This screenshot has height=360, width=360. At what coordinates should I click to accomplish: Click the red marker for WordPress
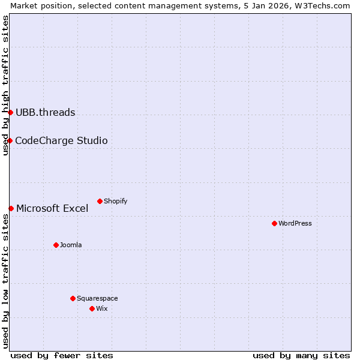(x=274, y=223)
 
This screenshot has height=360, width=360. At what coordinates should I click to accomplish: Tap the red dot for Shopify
(x=100, y=201)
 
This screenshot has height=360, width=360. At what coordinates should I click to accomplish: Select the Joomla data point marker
(x=56, y=245)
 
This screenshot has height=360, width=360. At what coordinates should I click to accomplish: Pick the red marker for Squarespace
(x=73, y=298)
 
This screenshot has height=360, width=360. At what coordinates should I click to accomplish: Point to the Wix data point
(x=92, y=308)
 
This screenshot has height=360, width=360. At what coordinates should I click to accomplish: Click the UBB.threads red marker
(x=10, y=112)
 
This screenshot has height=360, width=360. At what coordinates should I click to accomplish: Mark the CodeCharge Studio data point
(x=10, y=140)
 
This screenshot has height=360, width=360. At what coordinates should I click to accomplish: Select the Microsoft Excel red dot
(x=11, y=208)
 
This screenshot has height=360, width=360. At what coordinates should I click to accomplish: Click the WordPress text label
(x=295, y=223)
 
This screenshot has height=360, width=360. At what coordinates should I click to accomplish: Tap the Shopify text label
(x=116, y=201)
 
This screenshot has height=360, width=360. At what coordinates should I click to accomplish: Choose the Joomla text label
(x=71, y=245)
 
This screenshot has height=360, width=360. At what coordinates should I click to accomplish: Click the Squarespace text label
(x=97, y=298)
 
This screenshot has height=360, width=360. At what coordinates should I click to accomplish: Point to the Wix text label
(x=102, y=308)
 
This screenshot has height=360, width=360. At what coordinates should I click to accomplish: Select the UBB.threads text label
(x=46, y=112)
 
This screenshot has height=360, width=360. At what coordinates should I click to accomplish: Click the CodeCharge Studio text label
(x=61, y=140)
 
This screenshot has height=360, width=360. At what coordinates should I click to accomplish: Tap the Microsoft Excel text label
(x=52, y=208)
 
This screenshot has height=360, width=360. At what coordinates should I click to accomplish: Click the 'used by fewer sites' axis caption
(x=62, y=355)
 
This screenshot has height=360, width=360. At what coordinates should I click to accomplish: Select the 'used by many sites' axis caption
(x=301, y=355)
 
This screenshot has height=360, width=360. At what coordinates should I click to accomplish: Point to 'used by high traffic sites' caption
(x=5, y=85)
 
